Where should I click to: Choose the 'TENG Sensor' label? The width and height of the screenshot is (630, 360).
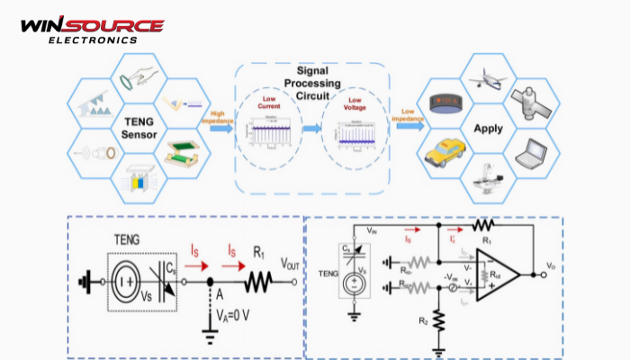(133, 126)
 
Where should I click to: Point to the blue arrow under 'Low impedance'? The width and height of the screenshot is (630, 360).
(408, 129)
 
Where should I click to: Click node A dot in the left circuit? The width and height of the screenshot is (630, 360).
(211, 281)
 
